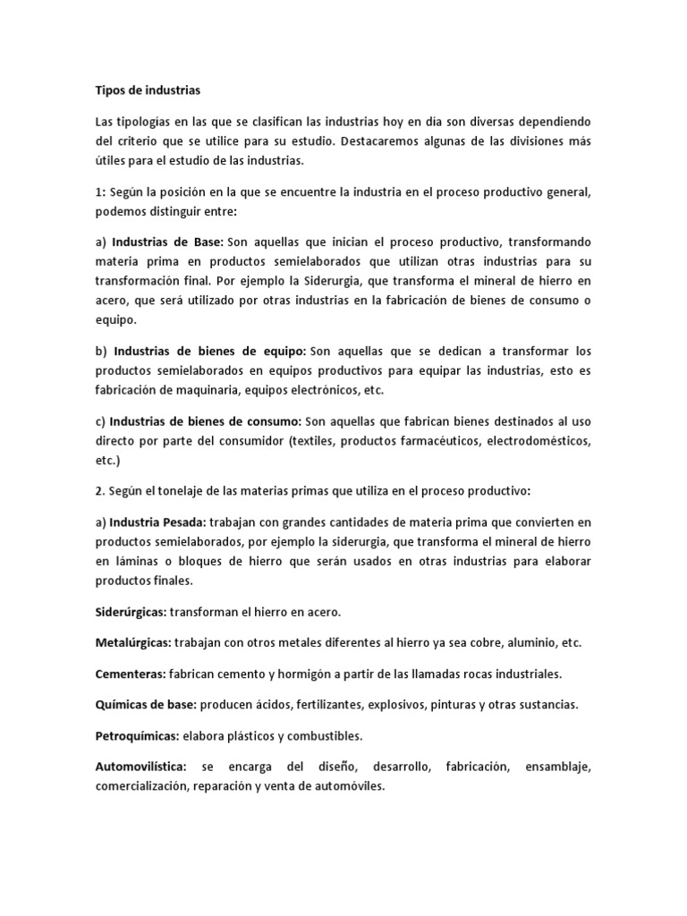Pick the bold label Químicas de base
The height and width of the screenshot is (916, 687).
pos(145,704)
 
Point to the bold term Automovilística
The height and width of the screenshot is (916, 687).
pos(140,767)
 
